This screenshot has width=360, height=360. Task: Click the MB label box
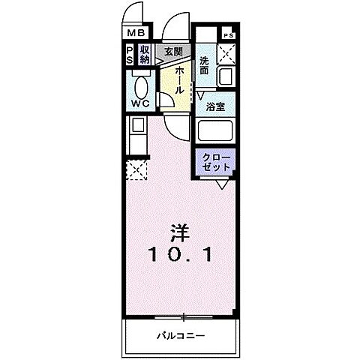(135, 33)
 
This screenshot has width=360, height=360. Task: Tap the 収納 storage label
(145, 55)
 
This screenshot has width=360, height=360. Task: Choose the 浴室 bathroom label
(216, 106)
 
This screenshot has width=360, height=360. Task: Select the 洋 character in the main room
(179, 232)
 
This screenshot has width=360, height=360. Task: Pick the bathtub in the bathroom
(217, 132)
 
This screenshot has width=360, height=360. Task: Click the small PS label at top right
(227, 35)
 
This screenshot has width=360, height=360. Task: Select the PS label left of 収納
(130, 55)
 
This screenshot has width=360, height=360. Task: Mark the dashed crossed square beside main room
(135, 170)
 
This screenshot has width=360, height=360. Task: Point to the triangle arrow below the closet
(223, 183)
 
